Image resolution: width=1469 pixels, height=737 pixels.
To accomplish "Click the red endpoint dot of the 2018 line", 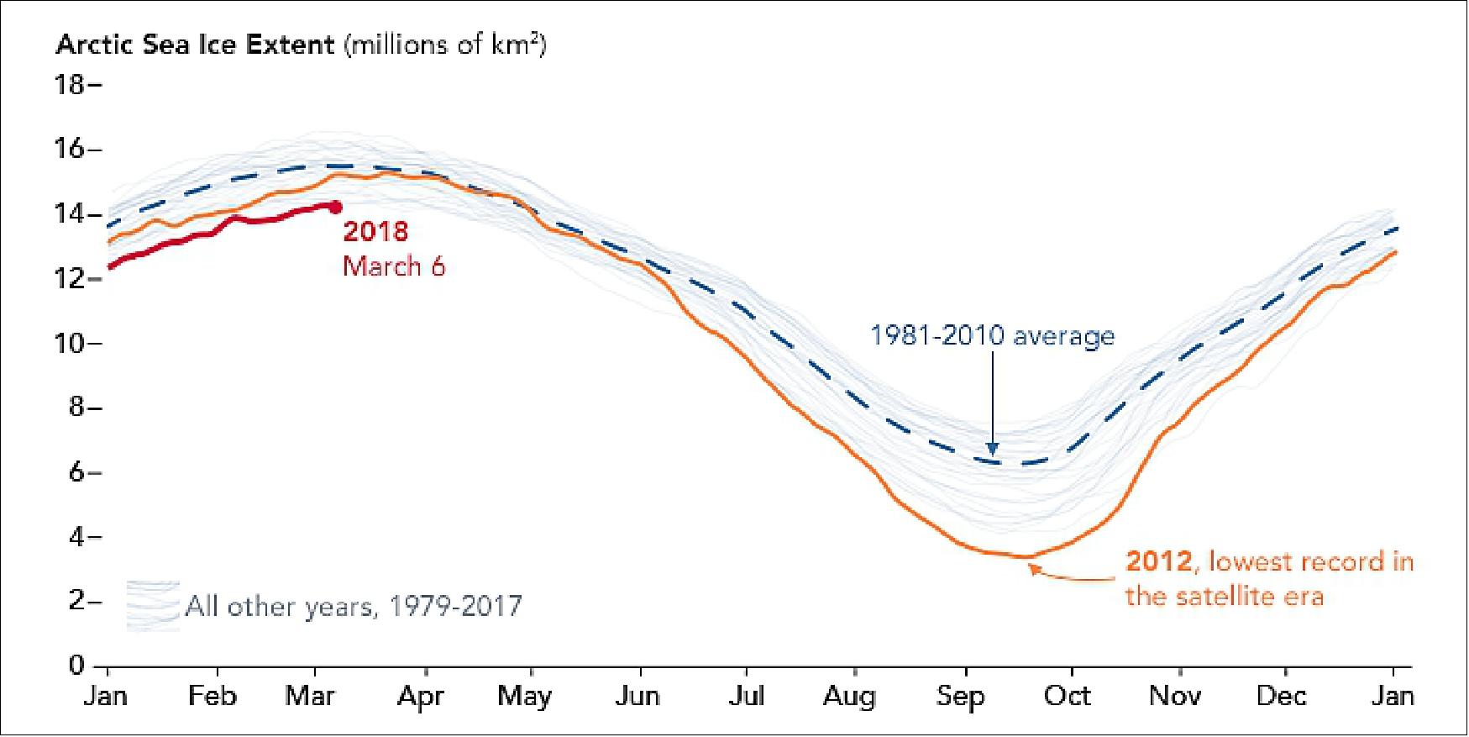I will coord(335,207).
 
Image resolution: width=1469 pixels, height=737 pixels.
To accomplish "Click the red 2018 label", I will coord(375,231).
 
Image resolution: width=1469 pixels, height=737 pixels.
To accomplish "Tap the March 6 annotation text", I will coord(394,266).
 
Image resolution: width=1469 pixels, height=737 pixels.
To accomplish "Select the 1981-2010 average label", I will coord(992,335).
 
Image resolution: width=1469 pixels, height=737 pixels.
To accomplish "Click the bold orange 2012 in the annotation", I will coord(1158,561).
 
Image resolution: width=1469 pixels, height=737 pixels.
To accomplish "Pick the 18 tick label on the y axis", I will coord(71,85).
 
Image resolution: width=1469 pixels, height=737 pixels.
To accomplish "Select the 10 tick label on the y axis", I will coord(71,343).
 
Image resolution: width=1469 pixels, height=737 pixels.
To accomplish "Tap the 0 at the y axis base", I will coord(76,665).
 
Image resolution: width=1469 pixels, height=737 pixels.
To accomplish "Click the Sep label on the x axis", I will coord(960,696).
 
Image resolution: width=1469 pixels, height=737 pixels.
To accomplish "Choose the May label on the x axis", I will coord(524,696).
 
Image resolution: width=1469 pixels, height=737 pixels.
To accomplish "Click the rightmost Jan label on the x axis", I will coord(1393,696).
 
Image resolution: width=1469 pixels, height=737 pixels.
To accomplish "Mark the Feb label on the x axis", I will coord(212,696).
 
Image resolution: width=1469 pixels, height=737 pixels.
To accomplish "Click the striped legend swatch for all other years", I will coord(153,606).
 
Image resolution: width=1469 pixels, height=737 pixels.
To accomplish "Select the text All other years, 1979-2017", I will coord(354,606).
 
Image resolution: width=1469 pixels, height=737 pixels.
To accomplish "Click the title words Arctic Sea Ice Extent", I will coord(195,45).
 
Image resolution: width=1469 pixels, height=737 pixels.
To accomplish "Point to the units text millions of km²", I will coord(446,44).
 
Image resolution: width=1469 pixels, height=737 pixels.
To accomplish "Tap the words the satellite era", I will coord(1224,596).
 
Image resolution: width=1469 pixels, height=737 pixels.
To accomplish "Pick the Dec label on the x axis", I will coord(1281,696).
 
